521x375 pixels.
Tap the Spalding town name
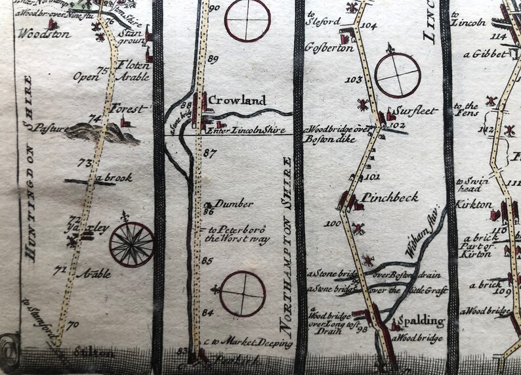[x=424, y=322]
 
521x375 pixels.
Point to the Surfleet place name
[x=415, y=111]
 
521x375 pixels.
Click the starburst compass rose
[x=131, y=244]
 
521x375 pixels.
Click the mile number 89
[x=212, y=60]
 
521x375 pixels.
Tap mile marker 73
[x=83, y=163]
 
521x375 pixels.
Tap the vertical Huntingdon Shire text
[x=28, y=167]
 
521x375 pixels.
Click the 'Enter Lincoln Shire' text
[x=246, y=130]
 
